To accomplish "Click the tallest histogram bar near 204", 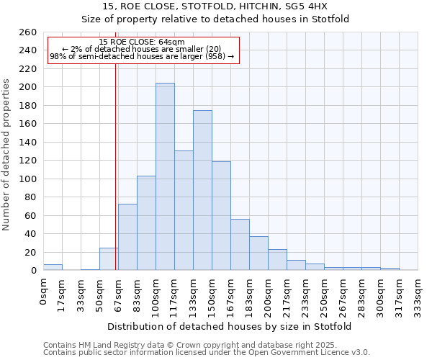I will (x=165, y=176).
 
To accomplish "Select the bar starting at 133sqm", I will (x=202, y=190).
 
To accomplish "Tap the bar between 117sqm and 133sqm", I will (x=184, y=210).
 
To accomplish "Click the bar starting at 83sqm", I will (x=146, y=223).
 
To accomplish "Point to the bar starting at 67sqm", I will (x=127, y=237).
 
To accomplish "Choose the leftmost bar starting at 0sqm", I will (x=53, y=267).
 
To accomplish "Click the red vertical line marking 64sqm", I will (x=115, y=166).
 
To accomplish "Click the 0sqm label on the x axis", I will (x=43, y=292).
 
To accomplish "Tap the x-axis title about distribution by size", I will (x=230, y=327).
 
